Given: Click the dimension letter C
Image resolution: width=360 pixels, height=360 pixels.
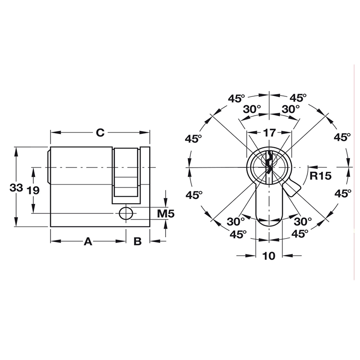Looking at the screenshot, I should [100, 133].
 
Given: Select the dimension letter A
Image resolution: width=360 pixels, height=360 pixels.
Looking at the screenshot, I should [88, 242].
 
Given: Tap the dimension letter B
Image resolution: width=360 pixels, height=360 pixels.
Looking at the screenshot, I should [138, 242].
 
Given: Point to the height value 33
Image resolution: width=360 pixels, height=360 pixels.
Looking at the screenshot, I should [16, 189].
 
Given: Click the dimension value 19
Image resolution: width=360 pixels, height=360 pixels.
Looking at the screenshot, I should [33, 190].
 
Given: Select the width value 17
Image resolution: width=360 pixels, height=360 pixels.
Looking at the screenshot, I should [269, 133].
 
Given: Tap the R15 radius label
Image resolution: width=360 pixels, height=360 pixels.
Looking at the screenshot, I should [320, 175].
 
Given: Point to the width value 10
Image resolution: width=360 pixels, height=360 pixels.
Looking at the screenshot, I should [269, 256].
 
